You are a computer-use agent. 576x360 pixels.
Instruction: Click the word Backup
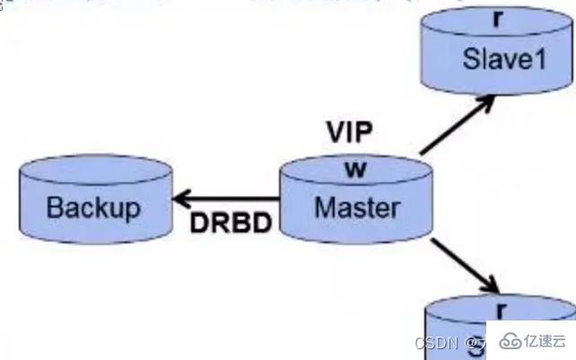point(93,208)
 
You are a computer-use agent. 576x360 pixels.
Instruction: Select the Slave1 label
point(498,59)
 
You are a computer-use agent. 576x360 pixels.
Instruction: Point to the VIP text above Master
point(348,131)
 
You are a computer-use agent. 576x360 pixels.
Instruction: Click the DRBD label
point(231,224)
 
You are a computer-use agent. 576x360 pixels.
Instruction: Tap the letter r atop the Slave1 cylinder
point(496,16)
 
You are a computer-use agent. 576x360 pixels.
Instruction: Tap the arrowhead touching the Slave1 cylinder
point(487,101)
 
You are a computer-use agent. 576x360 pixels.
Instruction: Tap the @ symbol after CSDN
point(471,342)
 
